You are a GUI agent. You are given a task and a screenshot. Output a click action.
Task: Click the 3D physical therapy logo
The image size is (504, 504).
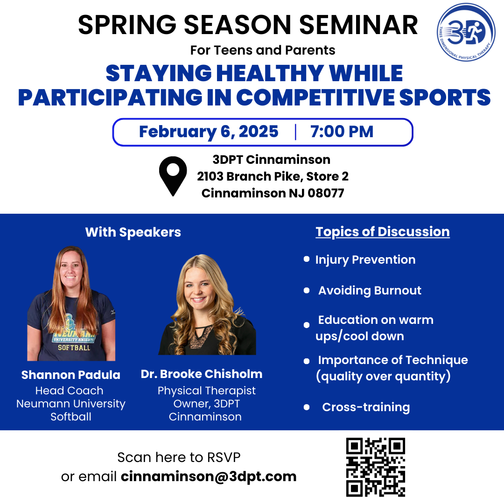coord(466,32)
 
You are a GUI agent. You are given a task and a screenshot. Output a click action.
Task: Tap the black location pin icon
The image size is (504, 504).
coord(173,176)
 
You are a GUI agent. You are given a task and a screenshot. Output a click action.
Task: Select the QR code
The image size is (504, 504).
coord(375,467)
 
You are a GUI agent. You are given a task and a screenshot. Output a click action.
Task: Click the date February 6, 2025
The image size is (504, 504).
coord(209,132)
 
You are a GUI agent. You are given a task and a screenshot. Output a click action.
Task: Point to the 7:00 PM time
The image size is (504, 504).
coord(342,132)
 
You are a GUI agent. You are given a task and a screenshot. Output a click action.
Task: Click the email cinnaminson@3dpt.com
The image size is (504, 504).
coord(209,476)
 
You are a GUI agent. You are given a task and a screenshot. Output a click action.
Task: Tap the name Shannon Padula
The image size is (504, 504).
coord(71,375)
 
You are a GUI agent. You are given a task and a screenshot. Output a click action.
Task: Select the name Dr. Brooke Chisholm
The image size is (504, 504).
coord(202,374)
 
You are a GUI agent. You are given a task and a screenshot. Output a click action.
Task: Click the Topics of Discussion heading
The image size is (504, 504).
coord(383,232)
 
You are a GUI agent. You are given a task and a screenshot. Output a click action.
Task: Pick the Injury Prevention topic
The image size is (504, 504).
coord(365,260)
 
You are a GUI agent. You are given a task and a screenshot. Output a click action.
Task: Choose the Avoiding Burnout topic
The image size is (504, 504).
coord(370,290)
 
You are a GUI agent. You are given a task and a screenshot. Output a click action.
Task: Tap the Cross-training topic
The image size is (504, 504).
coord(366,407)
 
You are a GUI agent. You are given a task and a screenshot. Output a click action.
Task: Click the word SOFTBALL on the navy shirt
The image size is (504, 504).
coord(74,348)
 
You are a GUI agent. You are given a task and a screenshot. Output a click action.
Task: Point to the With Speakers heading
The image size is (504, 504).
coord(133,232)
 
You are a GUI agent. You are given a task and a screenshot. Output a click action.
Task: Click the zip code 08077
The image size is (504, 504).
coord(326,193)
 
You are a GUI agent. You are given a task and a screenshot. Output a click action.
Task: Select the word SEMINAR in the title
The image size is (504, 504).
coord(358,25)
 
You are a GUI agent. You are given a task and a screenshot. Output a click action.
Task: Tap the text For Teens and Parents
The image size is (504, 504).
coord(263,50)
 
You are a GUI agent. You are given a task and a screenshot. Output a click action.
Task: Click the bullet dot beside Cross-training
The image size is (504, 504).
coord(307,407)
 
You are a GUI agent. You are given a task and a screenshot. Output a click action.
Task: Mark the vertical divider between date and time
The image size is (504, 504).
coord(295,132)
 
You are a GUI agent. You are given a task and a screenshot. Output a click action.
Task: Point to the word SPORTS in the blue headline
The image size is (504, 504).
coord(445,98)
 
